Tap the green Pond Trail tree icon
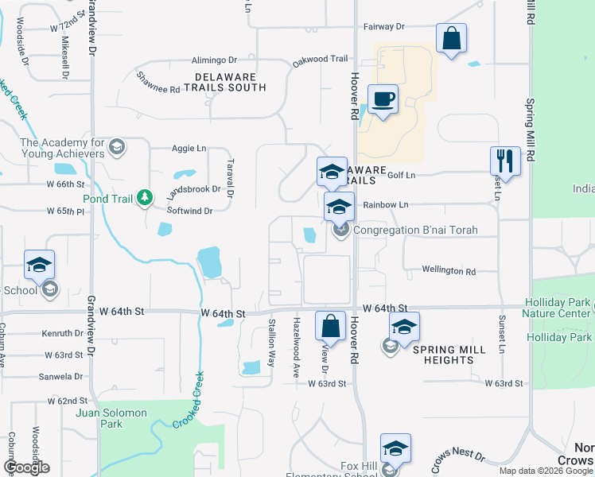click(x=145, y=196)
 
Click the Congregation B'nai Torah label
click(x=415, y=231)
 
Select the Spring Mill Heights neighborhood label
click(x=449, y=355)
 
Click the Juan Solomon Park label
click(x=111, y=418)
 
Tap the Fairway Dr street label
click(x=384, y=26)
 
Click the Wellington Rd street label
click(x=449, y=271)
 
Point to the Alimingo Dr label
click(x=214, y=60)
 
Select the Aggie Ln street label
click(x=189, y=148)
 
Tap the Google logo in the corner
click(x=26, y=467)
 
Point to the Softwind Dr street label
click(x=189, y=211)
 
